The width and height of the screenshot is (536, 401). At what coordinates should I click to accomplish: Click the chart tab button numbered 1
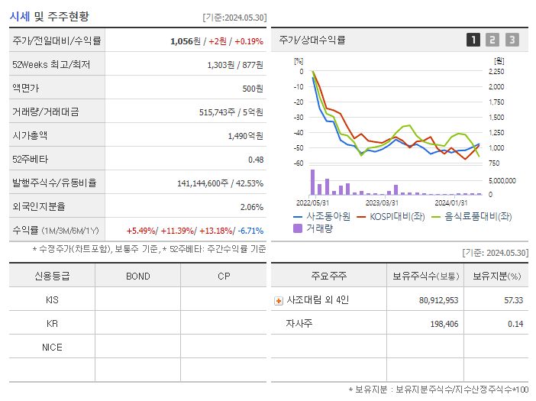click(x=473, y=40)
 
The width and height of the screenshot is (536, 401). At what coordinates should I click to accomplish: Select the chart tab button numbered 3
click(x=512, y=40)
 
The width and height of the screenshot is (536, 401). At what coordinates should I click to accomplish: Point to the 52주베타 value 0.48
click(x=256, y=160)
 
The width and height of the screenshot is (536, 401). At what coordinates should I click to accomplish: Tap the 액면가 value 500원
click(x=250, y=89)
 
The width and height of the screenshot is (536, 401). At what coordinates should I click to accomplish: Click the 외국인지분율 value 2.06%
click(x=251, y=207)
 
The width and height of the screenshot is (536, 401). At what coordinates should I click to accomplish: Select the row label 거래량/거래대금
click(x=45, y=112)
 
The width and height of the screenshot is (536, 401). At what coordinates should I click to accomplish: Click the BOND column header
click(x=137, y=276)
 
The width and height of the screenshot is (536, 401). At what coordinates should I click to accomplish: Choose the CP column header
click(x=224, y=276)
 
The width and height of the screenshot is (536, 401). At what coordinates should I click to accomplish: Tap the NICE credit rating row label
click(x=52, y=347)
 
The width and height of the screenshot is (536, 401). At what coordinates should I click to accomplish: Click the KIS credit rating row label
click(x=52, y=300)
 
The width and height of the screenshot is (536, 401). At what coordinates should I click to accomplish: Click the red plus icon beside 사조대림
click(x=279, y=301)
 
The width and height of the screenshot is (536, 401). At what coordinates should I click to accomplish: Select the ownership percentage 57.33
click(x=513, y=300)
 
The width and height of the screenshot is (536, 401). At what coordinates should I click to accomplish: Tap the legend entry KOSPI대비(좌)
click(x=391, y=216)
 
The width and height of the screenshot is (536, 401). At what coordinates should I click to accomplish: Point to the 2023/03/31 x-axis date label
click(x=382, y=202)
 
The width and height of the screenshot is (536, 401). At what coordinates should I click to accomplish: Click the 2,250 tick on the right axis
click(x=496, y=72)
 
